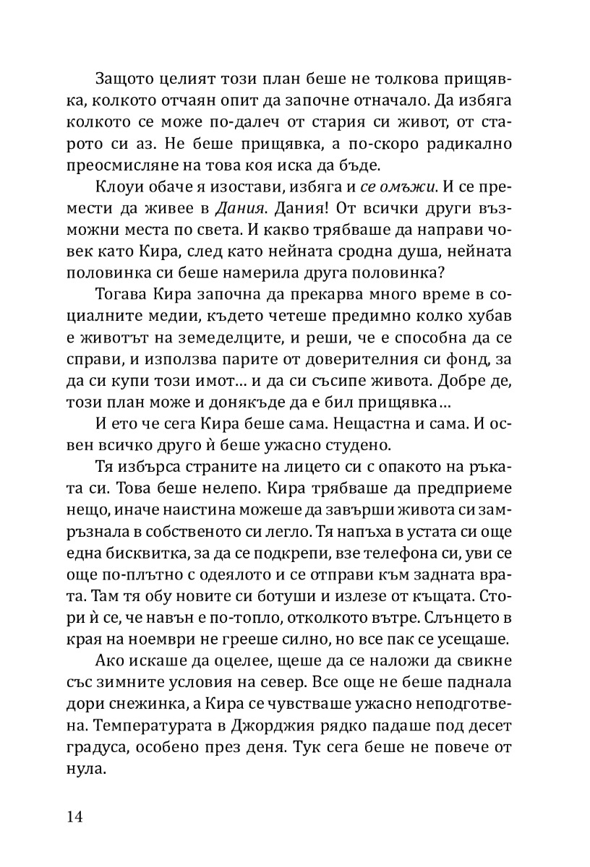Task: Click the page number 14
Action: (74, 817)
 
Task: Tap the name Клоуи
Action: (115, 189)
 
